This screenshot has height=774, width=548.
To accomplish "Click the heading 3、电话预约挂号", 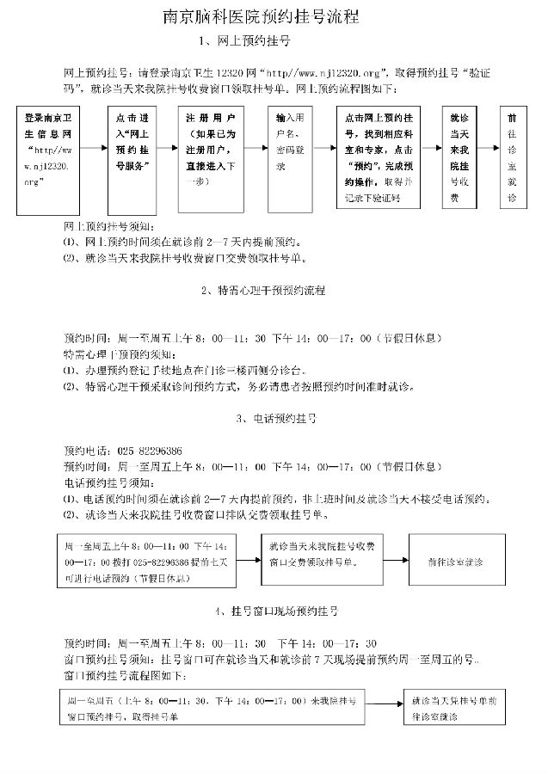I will tap(274, 419).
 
